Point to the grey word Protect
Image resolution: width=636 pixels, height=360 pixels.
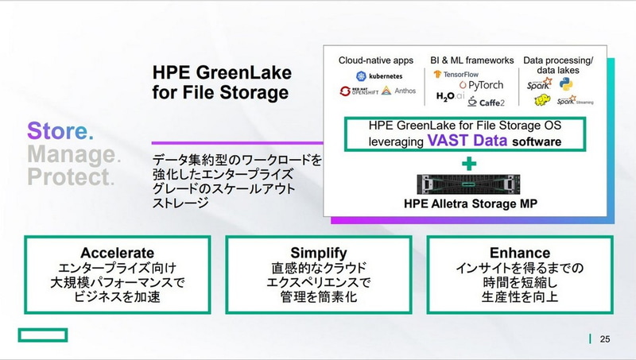click(x=68, y=175)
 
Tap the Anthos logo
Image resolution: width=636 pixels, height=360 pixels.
click(x=399, y=91)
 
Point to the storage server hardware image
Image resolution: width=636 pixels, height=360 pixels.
click(x=470, y=184)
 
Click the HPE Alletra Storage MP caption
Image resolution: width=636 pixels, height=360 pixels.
click(x=470, y=204)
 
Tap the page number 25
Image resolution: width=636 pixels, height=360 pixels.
click(x=605, y=339)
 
